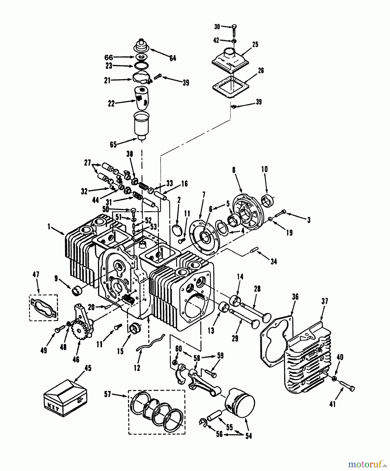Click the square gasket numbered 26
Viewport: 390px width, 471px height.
point(230,86)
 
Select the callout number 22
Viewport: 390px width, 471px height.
point(111,104)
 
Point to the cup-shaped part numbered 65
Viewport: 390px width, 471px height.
point(141,126)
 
